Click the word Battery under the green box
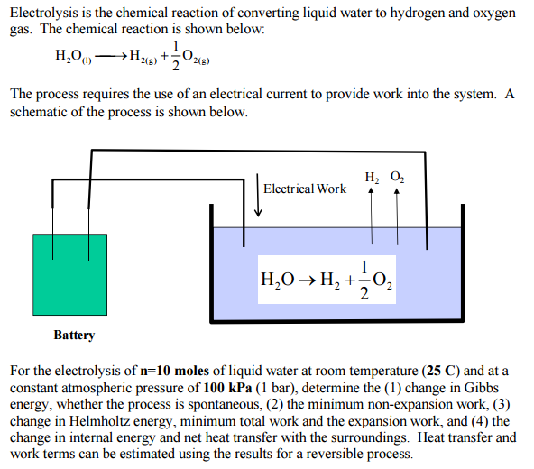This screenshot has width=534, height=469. coord(74,335)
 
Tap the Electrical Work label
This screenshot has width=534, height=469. coord(305,189)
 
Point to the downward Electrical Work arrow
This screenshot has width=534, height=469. coord(259,194)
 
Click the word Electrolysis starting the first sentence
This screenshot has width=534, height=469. coord(43,14)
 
